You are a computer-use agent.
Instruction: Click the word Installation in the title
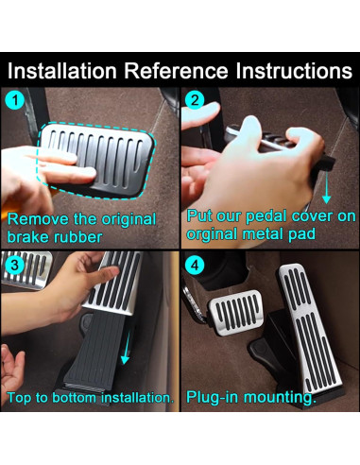click(62, 71)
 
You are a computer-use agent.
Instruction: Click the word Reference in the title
click(176, 71)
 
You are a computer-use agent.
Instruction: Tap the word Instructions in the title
click(294, 71)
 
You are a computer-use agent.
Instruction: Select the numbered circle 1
click(15, 100)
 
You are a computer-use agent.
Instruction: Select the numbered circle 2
click(195, 100)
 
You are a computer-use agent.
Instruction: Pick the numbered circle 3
click(15, 265)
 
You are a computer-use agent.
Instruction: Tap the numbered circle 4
click(195, 265)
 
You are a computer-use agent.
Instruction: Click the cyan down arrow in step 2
click(327, 186)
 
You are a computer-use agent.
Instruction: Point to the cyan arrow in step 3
click(127, 348)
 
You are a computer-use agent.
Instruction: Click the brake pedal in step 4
click(236, 311)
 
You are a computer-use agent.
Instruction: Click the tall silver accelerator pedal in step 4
click(309, 328)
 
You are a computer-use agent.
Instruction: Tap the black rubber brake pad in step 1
click(96, 160)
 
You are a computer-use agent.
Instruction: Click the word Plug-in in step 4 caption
click(212, 398)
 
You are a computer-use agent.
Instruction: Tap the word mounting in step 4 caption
click(280, 398)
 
